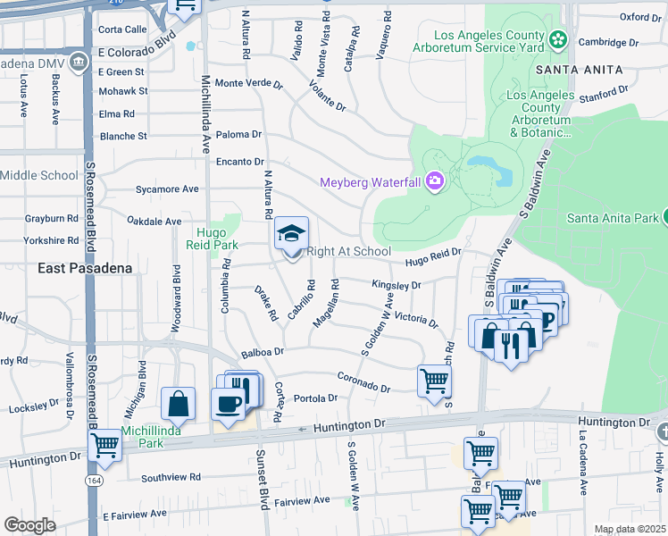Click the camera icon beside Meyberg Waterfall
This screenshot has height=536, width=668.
(435, 182)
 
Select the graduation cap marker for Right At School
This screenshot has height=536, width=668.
(291, 234)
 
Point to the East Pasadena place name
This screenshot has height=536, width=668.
(86, 268)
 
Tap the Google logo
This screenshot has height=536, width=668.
(29, 525)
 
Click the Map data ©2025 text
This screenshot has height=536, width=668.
(629, 529)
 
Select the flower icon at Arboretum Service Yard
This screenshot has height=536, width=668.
(558, 39)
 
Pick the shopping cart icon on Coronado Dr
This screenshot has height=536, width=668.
(434, 381)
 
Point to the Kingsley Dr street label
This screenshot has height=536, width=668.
(396, 285)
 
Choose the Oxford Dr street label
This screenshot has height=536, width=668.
(640, 16)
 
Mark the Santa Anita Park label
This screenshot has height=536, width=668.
(612, 217)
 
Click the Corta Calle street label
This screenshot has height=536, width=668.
(123, 29)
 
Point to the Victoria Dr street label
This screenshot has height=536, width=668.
(416, 319)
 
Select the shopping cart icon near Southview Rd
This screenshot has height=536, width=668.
(106, 445)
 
